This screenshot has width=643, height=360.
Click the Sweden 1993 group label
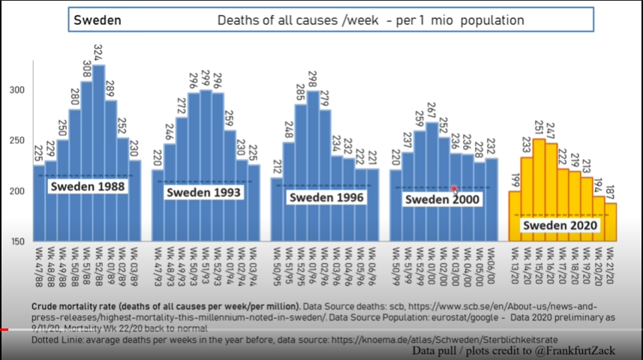tap(203, 193)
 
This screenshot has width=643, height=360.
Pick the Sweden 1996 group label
tap(327, 198)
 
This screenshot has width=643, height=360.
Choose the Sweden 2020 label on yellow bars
tap(560, 226)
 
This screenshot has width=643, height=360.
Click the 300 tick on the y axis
tap(16, 90)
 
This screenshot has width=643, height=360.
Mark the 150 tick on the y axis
tap(16, 241)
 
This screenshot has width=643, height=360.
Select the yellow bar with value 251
tap(539, 187)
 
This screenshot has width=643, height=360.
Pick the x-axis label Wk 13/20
tap(515, 263)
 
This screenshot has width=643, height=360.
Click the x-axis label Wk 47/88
tap(39, 263)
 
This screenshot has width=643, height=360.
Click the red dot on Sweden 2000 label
tap(454, 190)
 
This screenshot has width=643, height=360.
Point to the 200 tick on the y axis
tap(16, 190)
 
